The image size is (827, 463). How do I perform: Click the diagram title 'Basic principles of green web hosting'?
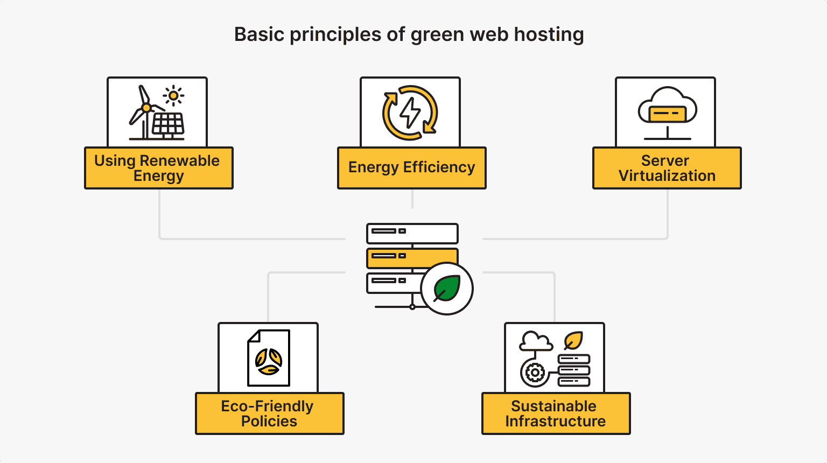(409, 34)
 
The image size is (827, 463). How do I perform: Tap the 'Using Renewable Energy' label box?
(158, 168)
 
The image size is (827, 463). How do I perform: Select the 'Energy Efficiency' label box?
(411, 167)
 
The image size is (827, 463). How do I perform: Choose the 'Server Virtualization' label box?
(667, 168)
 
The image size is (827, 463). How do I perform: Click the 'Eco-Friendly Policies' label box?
(269, 413)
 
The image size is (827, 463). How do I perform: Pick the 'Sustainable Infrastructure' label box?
(556, 413)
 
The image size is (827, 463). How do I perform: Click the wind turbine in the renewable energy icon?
(144, 110)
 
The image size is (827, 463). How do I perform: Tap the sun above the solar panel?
(173, 96)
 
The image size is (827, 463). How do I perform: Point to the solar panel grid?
(169, 124)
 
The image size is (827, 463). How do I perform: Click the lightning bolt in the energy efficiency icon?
(410, 113)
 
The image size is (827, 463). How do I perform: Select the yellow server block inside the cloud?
(667, 114)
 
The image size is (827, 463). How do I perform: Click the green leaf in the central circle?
(447, 288)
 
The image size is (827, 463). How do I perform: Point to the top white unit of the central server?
(412, 233)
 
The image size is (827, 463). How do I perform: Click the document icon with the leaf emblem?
(269, 358)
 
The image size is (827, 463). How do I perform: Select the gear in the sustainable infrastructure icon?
(535, 372)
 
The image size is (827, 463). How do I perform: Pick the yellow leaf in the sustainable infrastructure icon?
(573, 340)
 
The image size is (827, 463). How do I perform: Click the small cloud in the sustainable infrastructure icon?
(535, 341)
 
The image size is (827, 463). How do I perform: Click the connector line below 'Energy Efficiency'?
(412, 199)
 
